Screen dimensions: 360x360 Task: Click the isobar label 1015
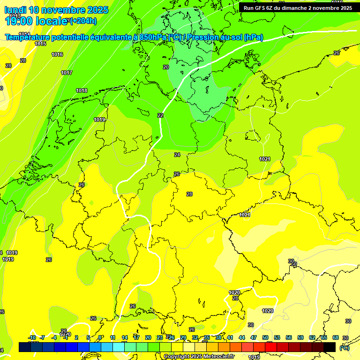[x=40, y=44]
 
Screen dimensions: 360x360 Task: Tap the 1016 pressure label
[x=57, y=55]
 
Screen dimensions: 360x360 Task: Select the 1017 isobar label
[x=67, y=73]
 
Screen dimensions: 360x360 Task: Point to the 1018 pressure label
[x=82, y=90]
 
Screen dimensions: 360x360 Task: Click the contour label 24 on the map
[x=177, y=155]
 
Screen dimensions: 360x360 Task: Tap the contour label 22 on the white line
[x=160, y=115]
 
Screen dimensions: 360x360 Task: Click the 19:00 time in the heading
[x=18, y=20]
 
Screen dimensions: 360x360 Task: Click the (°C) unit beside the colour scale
[x=344, y=348]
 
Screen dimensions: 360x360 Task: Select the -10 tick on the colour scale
[x=32, y=337]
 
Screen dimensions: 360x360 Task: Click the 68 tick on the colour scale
[x=336, y=337]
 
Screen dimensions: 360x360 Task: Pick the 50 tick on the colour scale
[x=265, y=337]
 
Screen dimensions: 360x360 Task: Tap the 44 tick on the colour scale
[x=242, y=337]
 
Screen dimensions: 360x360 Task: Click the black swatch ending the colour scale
[x=330, y=347]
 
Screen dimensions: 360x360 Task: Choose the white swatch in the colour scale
[x=189, y=347]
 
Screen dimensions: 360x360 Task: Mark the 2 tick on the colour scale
[x=76, y=337]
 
